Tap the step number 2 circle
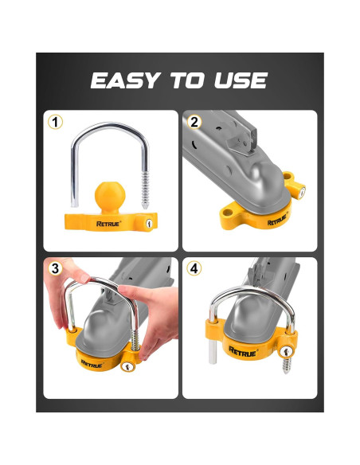click(194, 122)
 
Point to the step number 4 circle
click(194, 268)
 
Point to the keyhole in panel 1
click(148, 225)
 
